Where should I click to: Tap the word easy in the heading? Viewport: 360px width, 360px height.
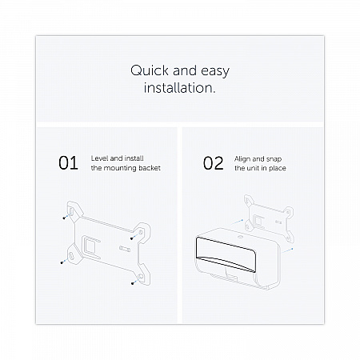coord(215,71)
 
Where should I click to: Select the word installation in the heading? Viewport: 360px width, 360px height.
coord(178,87)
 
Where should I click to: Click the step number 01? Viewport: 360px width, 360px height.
coord(68,163)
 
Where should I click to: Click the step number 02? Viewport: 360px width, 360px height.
coord(213,163)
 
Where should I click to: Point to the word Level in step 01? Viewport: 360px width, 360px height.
coord(100,158)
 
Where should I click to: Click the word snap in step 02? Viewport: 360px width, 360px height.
coord(274,159)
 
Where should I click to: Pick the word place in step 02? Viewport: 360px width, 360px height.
coord(278,168)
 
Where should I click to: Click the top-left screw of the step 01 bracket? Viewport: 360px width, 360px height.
coord(64,218)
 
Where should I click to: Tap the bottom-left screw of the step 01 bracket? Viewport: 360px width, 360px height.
coord(62,262)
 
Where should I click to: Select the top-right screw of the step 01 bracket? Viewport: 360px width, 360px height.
coord(132,238)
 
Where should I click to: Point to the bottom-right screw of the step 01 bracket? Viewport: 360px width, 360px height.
coord(133,283)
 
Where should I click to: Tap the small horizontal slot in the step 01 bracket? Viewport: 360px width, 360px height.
coord(125,249)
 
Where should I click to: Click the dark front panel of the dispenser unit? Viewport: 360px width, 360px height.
coord(226,254)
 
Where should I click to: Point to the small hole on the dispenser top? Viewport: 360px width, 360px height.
coord(241,237)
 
